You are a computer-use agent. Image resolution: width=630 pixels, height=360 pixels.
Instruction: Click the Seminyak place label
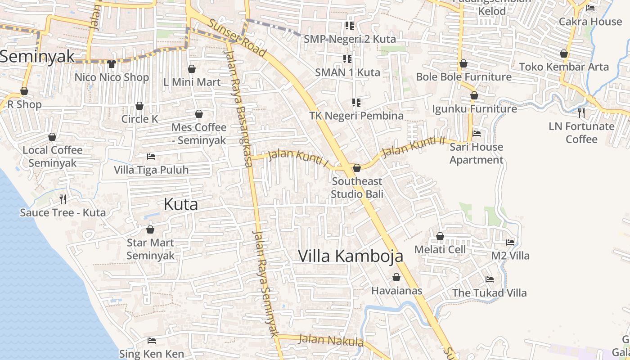(37, 57)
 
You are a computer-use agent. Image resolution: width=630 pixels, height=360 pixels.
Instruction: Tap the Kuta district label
(180, 204)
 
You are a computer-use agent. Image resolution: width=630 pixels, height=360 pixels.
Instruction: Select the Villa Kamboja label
(351, 256)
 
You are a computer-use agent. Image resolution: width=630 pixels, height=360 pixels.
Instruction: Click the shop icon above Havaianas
(396, 277)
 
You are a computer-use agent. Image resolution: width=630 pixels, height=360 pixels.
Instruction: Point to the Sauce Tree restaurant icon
(63, 199)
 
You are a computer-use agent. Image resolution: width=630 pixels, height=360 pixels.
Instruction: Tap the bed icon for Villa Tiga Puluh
(151, 157)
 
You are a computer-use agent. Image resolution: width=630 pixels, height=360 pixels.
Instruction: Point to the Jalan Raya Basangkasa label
(238, 108)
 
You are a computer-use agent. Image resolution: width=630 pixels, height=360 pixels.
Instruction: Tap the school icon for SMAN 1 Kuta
(347, 59)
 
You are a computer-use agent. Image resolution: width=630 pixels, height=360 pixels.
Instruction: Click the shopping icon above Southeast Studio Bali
(357, 168)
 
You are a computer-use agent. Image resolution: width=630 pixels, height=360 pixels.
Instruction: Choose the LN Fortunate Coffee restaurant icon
(581, 112)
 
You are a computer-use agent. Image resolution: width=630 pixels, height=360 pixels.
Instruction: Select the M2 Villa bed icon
(510, 242)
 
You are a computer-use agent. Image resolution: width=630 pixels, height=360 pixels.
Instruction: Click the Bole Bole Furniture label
(463, 77)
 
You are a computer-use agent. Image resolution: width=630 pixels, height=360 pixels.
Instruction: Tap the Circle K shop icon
(139, 106)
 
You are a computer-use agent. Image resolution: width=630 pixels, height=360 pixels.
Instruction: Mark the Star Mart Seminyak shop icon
(150, 229)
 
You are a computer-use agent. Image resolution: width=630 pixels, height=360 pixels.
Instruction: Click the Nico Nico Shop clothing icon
(112, 64)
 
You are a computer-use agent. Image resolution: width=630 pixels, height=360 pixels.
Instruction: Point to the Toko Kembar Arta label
(563, 67)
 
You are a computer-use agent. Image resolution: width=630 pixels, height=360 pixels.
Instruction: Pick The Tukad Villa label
(489, 293)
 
